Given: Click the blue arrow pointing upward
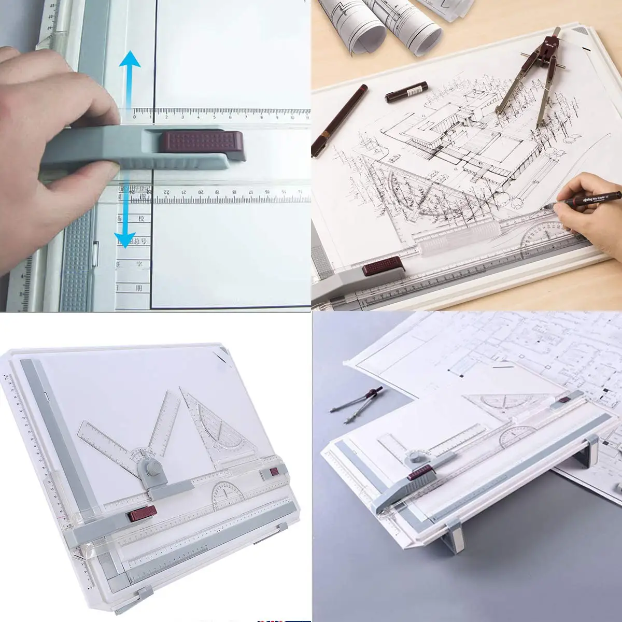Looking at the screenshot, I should (129, 78).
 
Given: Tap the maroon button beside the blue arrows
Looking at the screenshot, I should (201, 142).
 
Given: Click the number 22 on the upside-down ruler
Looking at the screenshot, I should (167, 192).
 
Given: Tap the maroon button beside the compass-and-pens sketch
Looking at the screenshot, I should (384, 267).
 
